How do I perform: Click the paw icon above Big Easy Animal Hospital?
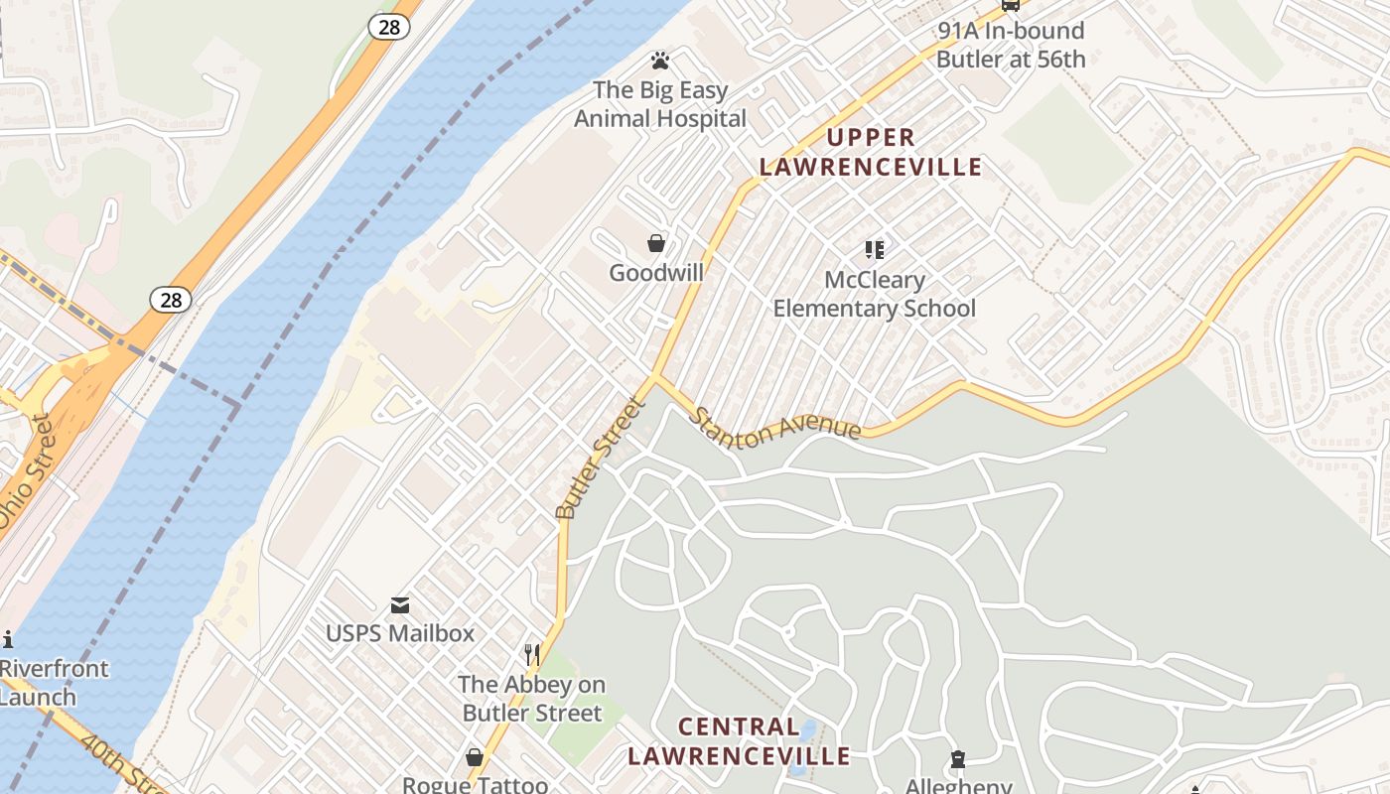point(658,61)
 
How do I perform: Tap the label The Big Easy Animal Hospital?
point(660,104)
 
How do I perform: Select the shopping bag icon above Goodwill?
point(655,243)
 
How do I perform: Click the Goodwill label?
point(656,273)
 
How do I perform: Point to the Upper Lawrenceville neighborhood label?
point(871,152)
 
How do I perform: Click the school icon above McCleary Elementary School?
point(874,249)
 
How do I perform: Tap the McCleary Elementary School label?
point(874,294)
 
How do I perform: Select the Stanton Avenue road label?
point(776,424)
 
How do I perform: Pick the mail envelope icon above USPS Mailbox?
point(400,604)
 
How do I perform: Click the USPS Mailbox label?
point(400,633)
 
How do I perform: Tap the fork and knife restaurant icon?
point(532,654)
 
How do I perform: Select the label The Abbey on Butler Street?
point(532,699)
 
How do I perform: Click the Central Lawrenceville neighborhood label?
point(739,741)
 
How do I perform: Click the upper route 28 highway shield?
point(388,27)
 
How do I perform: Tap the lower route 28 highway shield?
point(171,300)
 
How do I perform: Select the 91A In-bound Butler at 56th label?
point(1011,45)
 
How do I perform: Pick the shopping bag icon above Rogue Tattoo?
point(475,757)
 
